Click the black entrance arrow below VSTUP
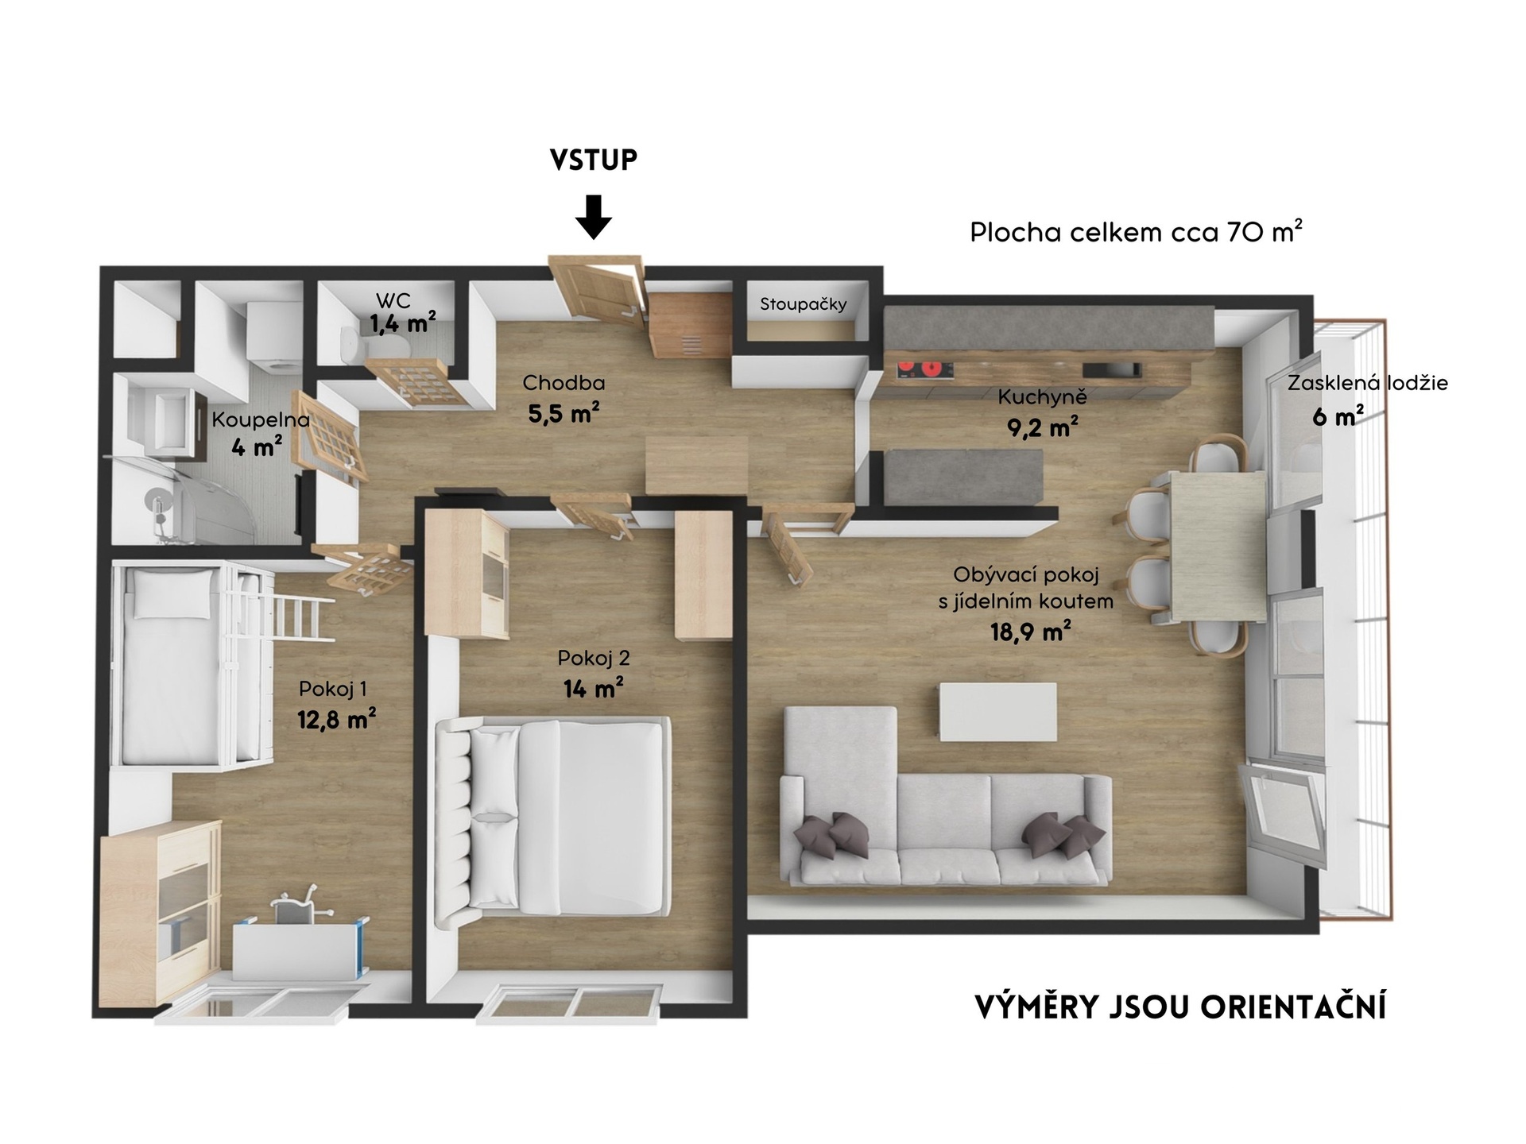point(594,216)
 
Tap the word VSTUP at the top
point(594,160)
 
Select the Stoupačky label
point(803,304)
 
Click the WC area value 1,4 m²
point(403,323)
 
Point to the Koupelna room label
point(260,419)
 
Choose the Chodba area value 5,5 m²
point(564,412)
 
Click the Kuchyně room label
point(1042,396)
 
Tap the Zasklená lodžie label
point(1367,383)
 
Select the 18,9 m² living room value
point(1030,632)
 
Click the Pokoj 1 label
point(332,689)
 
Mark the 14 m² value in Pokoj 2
point(593,687)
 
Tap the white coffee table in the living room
point(998,712)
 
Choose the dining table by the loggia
point(1218,547)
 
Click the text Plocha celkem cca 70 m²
point(1136,231)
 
